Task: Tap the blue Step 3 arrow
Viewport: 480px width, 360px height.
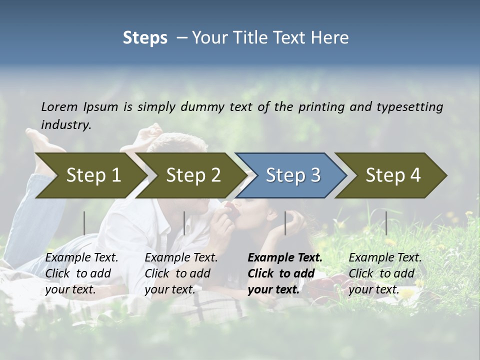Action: (293, 175)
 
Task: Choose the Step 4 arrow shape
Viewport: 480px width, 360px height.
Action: (393, 175)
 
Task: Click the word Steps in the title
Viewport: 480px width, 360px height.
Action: (145, 38)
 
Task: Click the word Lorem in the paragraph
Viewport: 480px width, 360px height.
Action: (59, 106)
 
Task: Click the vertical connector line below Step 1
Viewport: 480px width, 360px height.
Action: (84, 223)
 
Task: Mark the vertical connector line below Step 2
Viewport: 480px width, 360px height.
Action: (184, 223)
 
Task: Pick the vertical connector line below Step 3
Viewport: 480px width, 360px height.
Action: (285, 223)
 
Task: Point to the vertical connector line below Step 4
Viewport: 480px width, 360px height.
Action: (386, 223)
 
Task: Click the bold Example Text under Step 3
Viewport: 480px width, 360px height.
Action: (285, 258)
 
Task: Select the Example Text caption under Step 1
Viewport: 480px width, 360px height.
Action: (82, 258)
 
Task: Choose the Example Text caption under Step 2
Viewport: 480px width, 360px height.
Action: (181, 258)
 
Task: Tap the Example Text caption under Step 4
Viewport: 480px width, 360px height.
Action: (385, 258)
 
